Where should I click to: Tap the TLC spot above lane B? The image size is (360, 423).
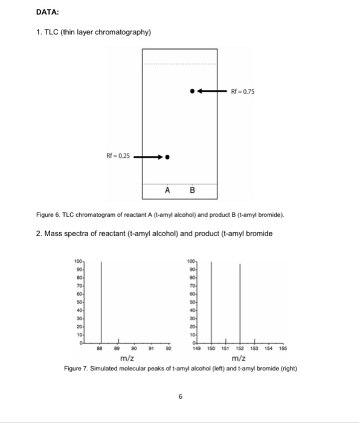coord(192,91)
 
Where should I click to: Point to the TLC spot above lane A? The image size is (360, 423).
coord(167,157)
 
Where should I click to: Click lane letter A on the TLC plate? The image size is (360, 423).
coord(167,192)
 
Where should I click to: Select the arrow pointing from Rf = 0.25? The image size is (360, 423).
coord(148,157)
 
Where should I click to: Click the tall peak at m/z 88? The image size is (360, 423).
coord(101,302)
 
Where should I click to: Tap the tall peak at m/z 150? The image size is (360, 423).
coord(211,302)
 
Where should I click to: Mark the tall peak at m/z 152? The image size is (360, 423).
coord(240,302)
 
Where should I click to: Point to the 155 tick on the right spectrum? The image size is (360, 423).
coord(283,348)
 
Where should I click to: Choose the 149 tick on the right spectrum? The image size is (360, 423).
coord(197,348)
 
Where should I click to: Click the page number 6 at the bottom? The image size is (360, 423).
coord(180,396)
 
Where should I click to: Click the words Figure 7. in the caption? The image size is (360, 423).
coord(77,369)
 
